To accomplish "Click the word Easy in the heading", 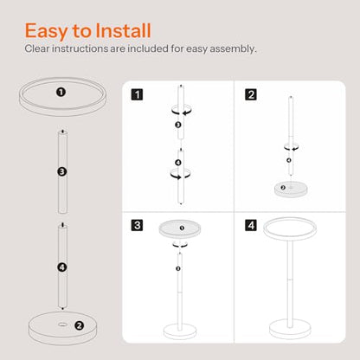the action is [46, 31].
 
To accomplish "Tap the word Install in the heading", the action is [123, 30].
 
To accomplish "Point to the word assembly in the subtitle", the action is [233, 49].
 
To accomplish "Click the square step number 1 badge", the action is [137, 94].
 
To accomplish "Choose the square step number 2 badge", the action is [251, 94].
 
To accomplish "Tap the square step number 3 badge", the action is [137, 225].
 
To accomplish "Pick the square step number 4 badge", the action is [251, 225].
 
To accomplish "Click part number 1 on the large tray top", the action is [61, 93].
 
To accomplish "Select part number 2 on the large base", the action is [79, 325].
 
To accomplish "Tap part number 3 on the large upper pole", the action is [62, 172].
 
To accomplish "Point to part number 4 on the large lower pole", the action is [62, 267].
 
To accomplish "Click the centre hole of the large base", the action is [61, 325].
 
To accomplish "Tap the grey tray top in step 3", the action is [180, 229].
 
